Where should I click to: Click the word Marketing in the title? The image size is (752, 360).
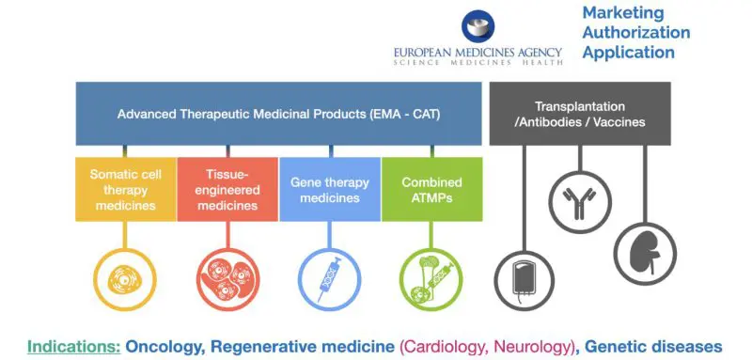pos(623,12)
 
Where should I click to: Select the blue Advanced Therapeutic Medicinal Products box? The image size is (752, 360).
pos(278,114)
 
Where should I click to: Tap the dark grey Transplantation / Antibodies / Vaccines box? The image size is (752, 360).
pos(580,114)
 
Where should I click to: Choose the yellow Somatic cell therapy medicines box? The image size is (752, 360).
pos(126,189)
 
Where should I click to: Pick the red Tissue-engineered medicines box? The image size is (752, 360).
pos(227,189)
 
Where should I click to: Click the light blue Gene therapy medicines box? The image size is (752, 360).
pos(329,189)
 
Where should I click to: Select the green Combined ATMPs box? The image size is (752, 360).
pos(431,189)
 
